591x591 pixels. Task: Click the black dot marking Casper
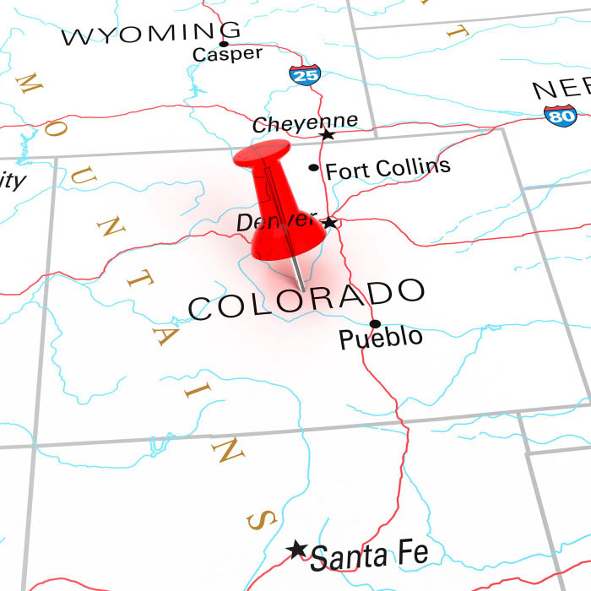point(224,43)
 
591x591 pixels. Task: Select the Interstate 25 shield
point(305,74)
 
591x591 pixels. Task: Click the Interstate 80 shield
point(560,115)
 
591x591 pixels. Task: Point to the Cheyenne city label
point(305,123)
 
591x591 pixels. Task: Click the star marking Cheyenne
point(327,134)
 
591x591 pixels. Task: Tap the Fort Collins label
point(388,168)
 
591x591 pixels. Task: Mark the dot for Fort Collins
point(314,167)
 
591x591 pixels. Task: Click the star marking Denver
point(330,223)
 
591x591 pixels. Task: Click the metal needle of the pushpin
point(298,270)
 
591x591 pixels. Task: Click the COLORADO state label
point(305,299)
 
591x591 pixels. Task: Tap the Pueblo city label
point(381,339)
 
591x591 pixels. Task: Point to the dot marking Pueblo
point(375,323)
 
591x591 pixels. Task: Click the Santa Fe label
point(369,556)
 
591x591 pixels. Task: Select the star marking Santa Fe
point(296,550)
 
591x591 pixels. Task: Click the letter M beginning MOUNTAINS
point(29,84)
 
